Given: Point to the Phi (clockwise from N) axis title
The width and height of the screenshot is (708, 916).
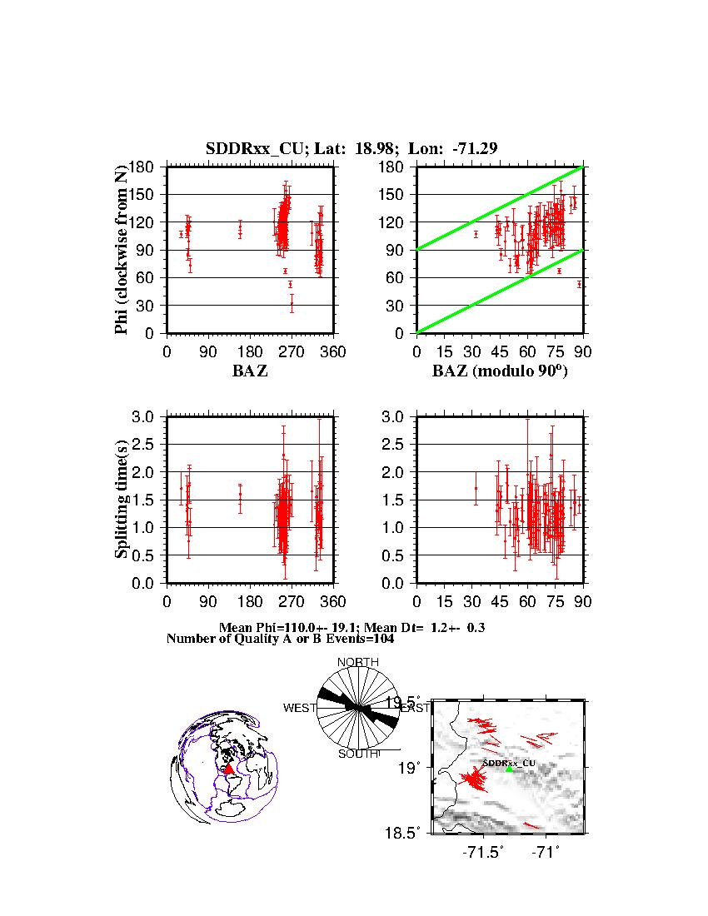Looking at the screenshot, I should (x=122, y=250).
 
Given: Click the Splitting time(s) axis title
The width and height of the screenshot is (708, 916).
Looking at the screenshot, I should (x=122, y=500).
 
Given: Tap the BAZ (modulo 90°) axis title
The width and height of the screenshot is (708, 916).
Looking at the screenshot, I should (x=500, y=371).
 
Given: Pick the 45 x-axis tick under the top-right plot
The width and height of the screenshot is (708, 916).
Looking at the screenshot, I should (x=500, y=352).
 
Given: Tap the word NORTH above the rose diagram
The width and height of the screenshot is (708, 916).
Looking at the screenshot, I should (x=357, y=662).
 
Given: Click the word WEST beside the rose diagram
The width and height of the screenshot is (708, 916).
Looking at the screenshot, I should (x=300, y=708).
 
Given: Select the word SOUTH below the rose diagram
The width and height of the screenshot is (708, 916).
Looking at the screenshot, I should (x=357, y=754).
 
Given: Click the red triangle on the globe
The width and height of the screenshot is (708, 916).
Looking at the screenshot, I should (x=228, y=769).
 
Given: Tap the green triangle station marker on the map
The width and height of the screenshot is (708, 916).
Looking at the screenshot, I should (x=509, y=769).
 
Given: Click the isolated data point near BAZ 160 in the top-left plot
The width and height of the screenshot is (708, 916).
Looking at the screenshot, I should (x=240, y=228).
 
